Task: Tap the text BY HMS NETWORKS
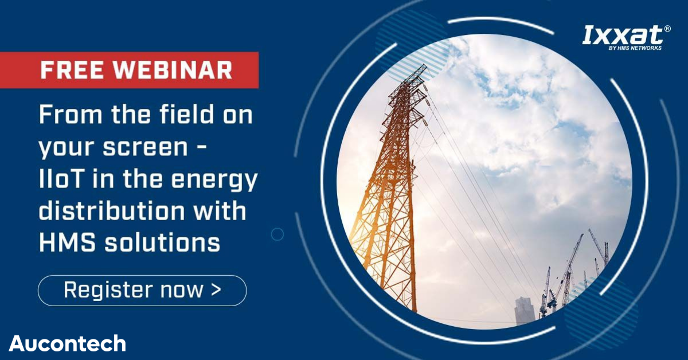pos(635,48)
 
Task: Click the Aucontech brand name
pos(67,343)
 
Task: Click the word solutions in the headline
pos(162,242)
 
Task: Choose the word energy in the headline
pos(214,181)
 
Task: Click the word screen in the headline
pos(145,147)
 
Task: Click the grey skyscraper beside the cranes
pos(525,310)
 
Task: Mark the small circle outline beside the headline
pos(277,234)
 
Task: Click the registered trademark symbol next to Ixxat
pos(667,29)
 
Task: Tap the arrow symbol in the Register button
pos(216,289)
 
